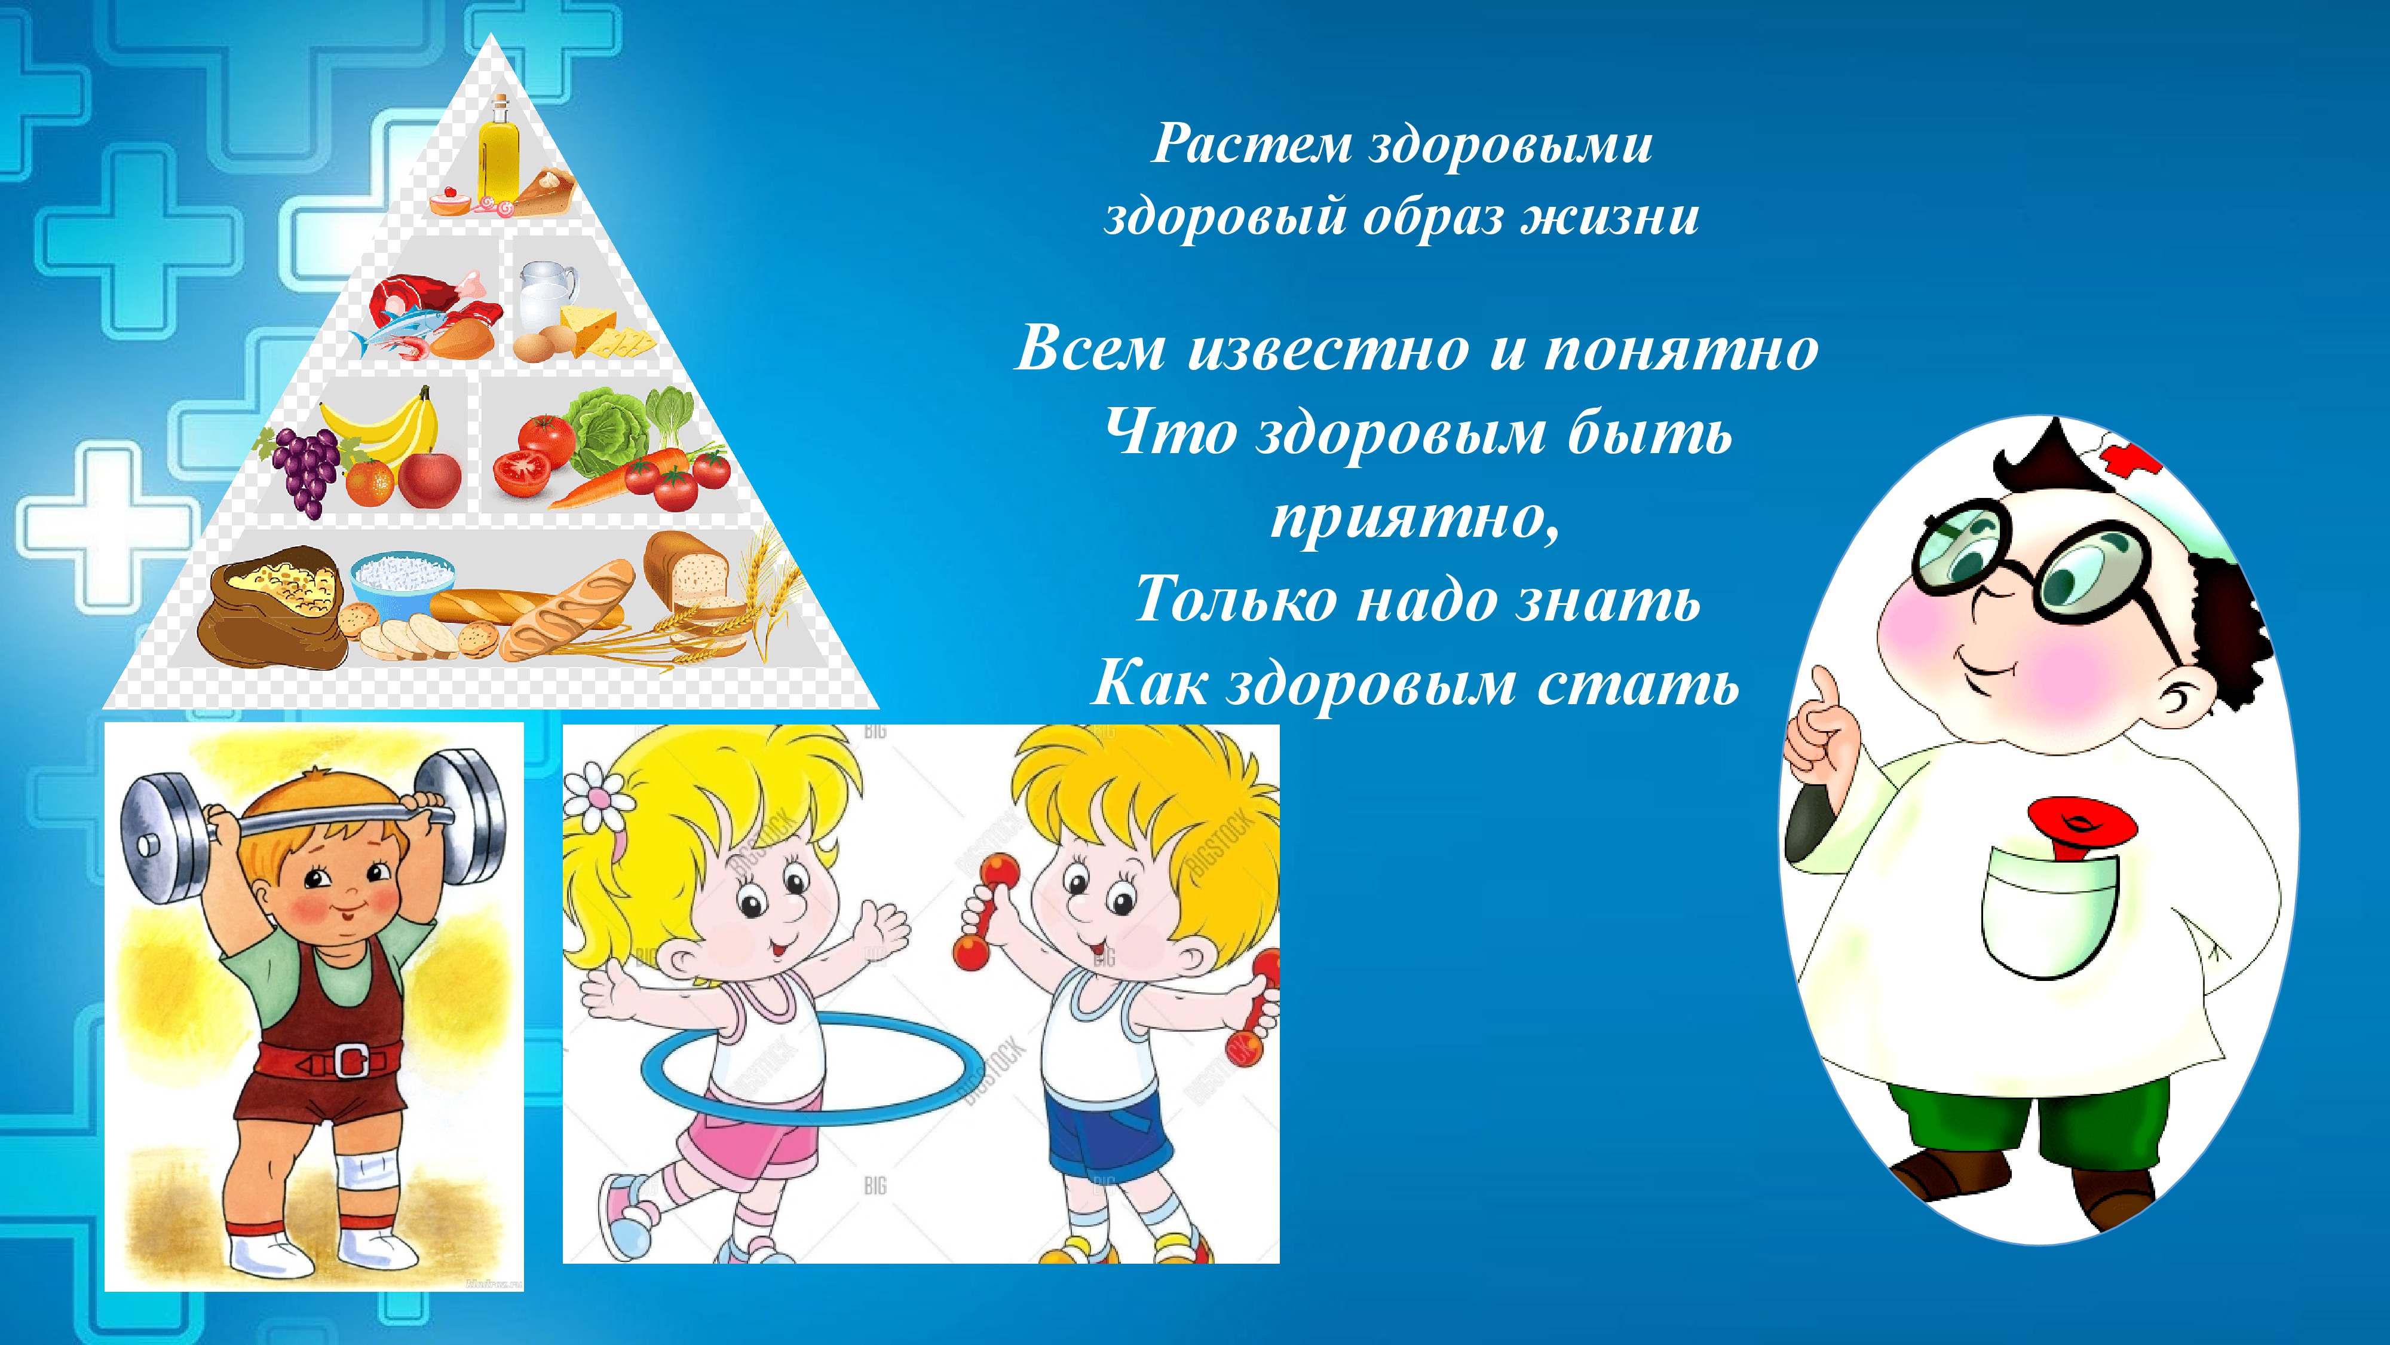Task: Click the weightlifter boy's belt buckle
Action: click(x=351, y=1059)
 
